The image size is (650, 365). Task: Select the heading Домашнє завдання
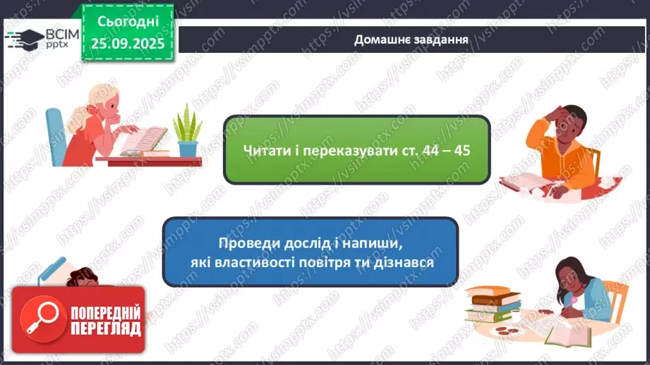(x=411, y=39)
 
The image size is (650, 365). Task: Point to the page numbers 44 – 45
(x=445, y=151)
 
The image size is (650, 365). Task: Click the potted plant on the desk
(x=188, y=132)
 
